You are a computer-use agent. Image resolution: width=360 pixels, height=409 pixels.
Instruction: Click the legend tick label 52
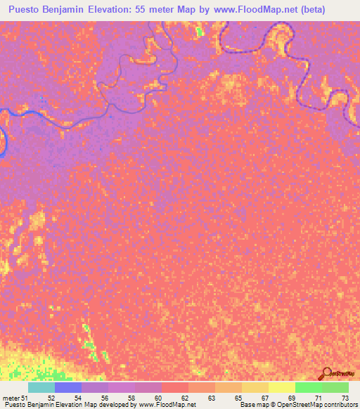51,398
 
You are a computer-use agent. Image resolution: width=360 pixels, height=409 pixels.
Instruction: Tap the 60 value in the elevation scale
158,398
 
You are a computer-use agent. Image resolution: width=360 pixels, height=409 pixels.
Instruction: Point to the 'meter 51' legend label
14,398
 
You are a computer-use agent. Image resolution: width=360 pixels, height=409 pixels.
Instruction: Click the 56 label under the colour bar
105,398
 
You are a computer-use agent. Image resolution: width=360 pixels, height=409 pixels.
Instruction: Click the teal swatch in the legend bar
41,387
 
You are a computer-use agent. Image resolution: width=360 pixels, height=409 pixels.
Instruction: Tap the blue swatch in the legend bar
68,387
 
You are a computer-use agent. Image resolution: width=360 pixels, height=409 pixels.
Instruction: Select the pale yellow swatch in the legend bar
282,387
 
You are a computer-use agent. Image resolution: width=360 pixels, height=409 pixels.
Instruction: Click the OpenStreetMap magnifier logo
326,373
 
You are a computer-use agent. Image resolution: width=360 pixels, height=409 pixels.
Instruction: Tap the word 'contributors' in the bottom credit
339,405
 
